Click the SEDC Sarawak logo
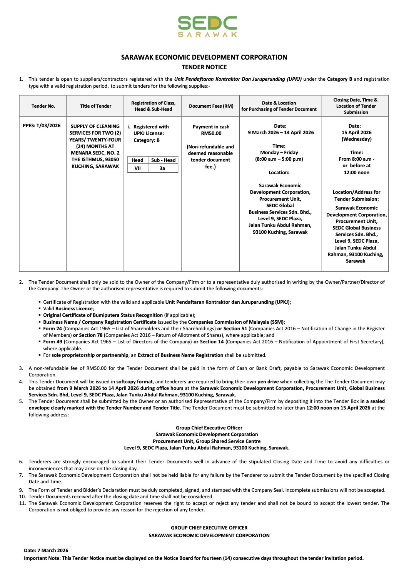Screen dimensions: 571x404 click(207, 27)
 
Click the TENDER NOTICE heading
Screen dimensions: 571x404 click(204, 67)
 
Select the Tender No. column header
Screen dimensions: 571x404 click(43, 106)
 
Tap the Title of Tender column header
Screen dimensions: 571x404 click(95, 106)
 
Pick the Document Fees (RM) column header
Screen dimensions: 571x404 click(211, 106)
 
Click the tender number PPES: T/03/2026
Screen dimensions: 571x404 click(42, 126)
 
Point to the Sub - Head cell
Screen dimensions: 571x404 click(163, 160)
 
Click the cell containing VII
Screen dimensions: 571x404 click(137, 168)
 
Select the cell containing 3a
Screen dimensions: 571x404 click(162, 168)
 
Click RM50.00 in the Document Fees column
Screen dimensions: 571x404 click(211, 133)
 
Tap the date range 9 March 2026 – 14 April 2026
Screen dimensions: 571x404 click(280, 133)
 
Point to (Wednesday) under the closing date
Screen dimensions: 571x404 click(356, 139)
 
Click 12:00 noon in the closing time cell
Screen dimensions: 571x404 click(356, 173)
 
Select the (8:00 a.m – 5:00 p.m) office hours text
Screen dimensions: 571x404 click(279, 159)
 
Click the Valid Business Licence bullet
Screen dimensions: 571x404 click(68, 309)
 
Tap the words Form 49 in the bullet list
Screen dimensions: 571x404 click(52, 342)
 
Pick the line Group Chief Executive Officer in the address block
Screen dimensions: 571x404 click(209, 428)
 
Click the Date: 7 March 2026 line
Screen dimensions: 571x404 click(46, 551)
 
